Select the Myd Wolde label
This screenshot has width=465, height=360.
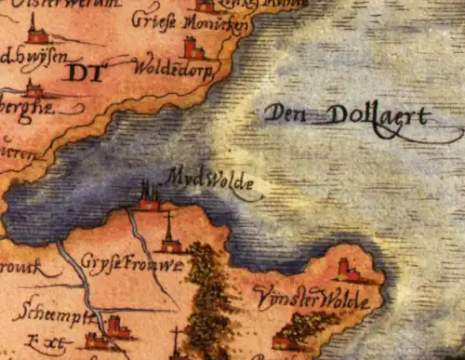click(x=212, y=183)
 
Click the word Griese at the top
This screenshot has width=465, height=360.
click(x=153, y=19)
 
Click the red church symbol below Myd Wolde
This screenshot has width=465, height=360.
click(x=147, y=196)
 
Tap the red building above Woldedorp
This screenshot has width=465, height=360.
click(x=193, y=47)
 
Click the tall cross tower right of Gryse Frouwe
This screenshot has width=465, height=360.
click(x=168, y=234)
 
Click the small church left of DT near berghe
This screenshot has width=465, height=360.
click(x=33, y=88)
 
